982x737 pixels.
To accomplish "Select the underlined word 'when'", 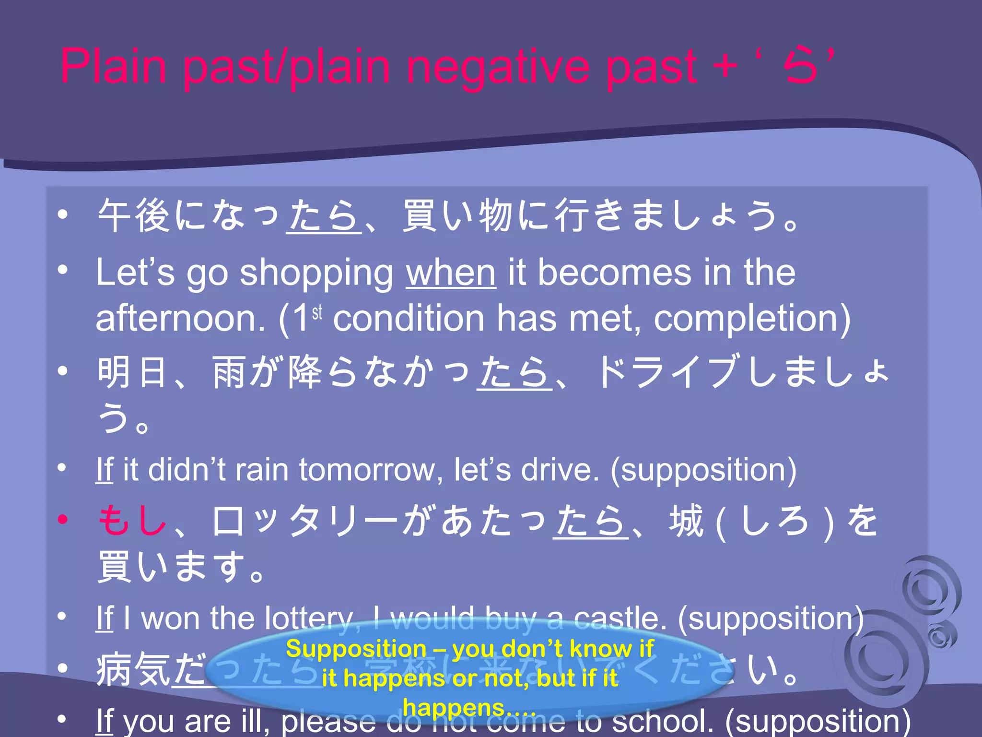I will point(451,273).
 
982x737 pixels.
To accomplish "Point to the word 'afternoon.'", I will point(180,319).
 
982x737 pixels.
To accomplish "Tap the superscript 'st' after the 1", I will point(317,313).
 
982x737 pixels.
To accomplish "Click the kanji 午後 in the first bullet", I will point(134,216).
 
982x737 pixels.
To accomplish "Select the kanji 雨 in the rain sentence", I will point(229,372).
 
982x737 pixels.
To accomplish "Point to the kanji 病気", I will point(133,670).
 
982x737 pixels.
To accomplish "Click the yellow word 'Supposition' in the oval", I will point(356,649).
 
